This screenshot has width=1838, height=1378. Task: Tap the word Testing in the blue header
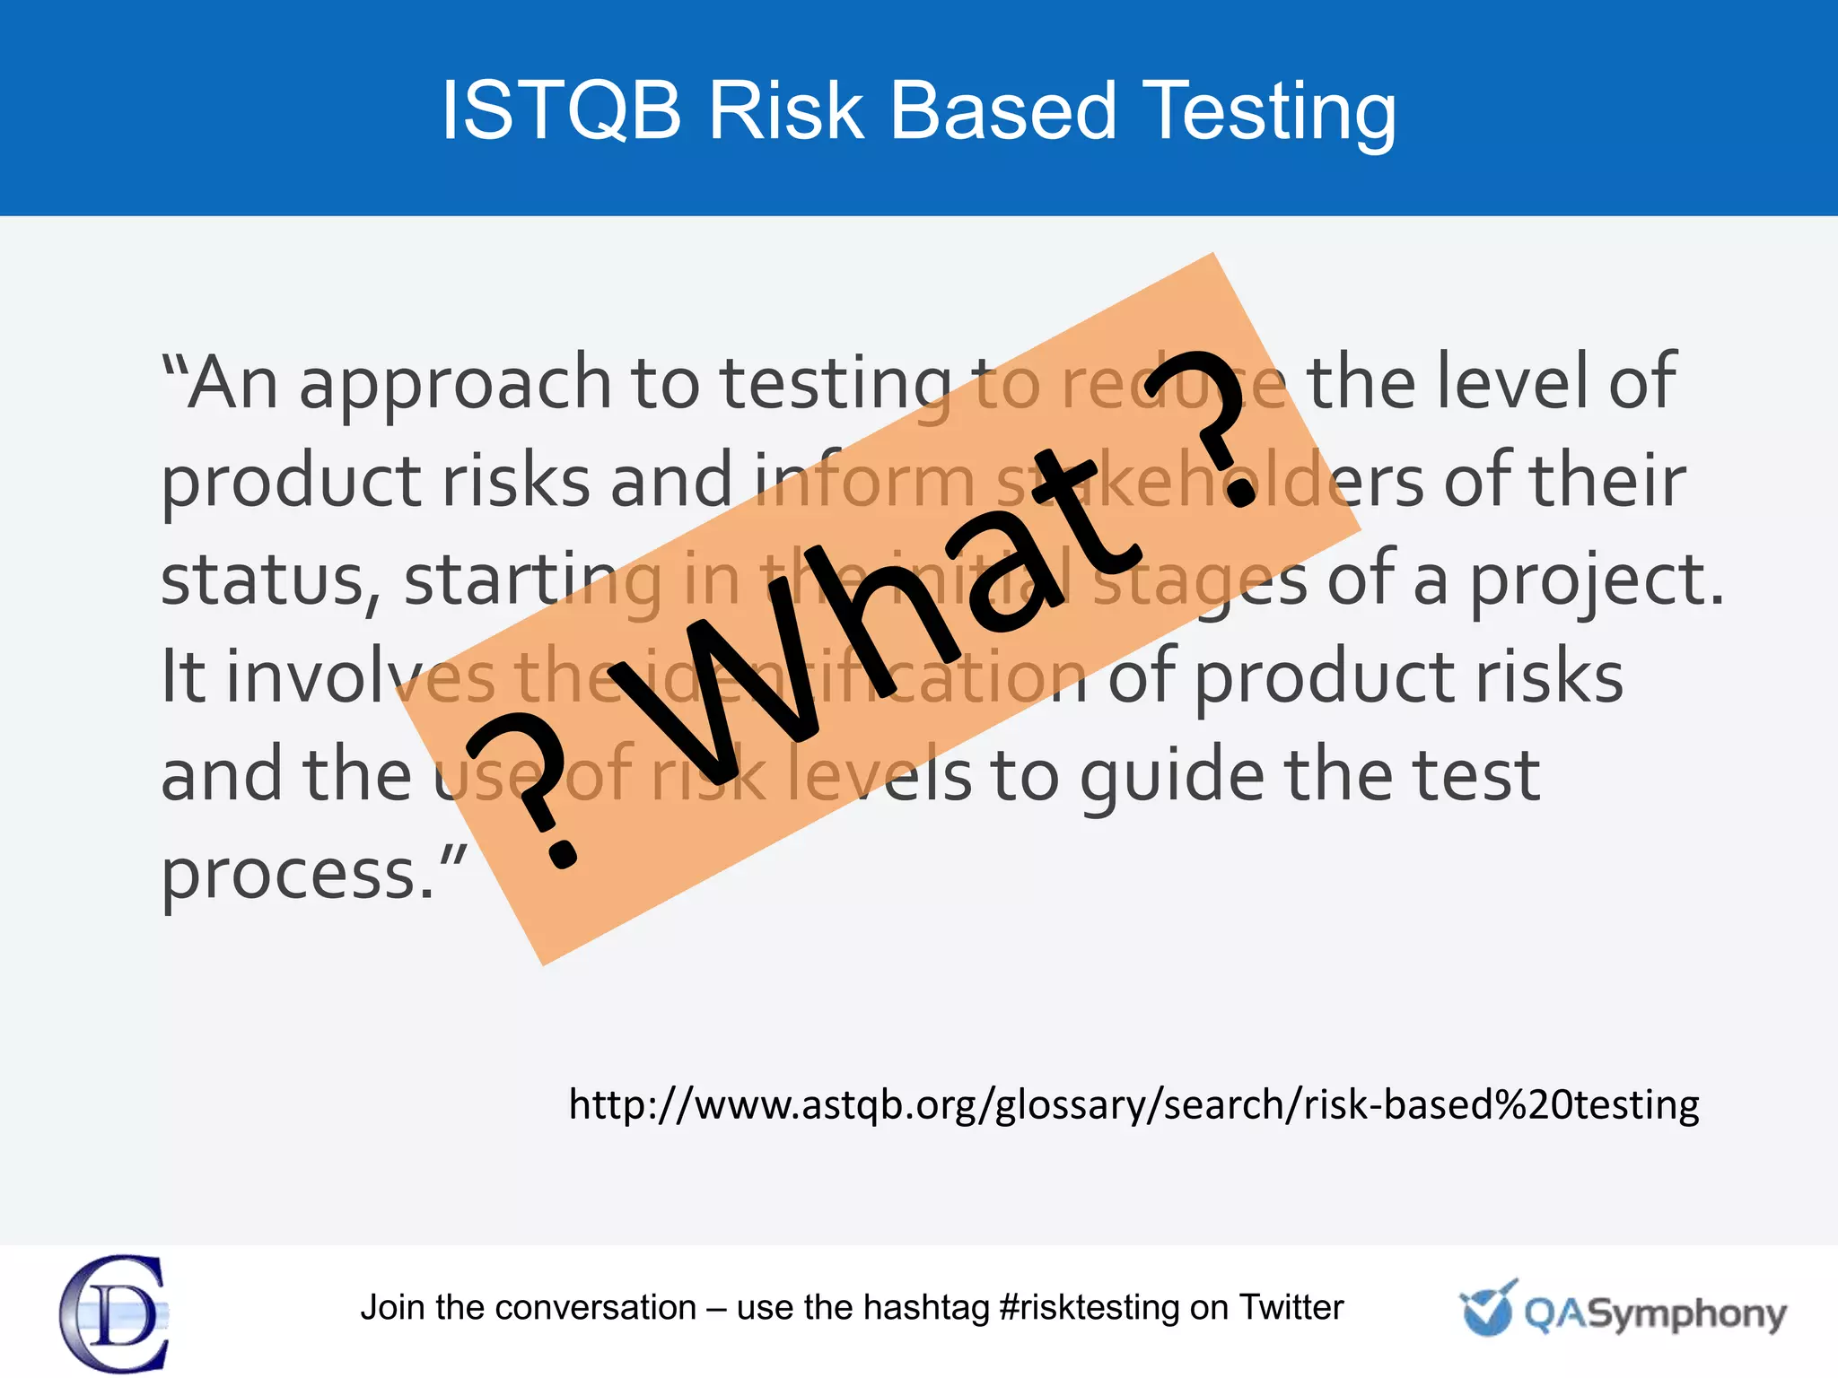pyautogui.click(x=1270, y=112)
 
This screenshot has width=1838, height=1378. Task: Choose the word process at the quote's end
pyautogui.click(x=289, y=876)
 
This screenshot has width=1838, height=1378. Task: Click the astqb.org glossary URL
pyautogui.click(x=1133, y=1104)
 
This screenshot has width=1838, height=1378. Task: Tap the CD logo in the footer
pyautogui.click(x=114, y=1313)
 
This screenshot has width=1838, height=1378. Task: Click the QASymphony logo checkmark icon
pyautogui.click(x=1488, y=1310)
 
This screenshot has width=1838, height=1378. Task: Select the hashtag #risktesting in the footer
pyautogui.click(x=1090, y=1308)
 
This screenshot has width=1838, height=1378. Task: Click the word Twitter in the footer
pyautogui.click(x=1291, y=1307)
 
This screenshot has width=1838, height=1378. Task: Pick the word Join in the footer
pyautogui.click(x=392, y=1308)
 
